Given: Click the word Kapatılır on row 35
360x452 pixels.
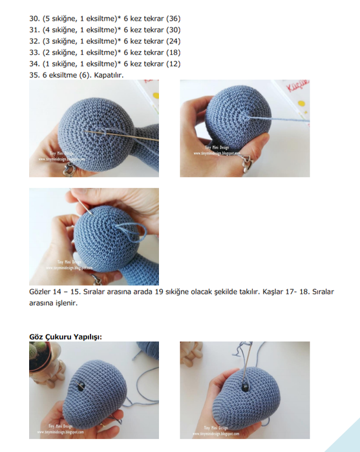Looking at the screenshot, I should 107,74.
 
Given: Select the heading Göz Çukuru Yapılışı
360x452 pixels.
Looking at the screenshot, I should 66,336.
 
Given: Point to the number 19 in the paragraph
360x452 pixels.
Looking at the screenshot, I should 160,292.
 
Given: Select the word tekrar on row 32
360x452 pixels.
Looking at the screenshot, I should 148,41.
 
